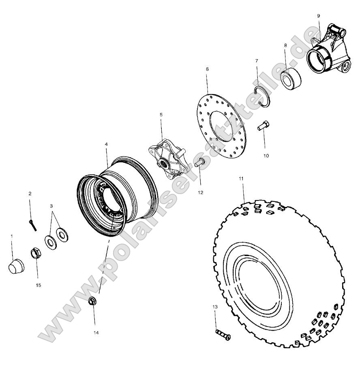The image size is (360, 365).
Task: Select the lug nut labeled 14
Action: click(x=93, y=302)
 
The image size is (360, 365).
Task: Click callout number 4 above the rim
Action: click(x=106, y=144)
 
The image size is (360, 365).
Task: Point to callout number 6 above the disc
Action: click(x=207, y=69)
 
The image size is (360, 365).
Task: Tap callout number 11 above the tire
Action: click(x=241, y=178)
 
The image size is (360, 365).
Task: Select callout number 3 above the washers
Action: click(x=51, y=206)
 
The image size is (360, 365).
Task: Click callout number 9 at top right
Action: click(x=318, y=15)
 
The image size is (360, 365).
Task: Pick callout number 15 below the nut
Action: click(x=39, y=285)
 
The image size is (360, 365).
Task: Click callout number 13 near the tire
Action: click(x=215, y=307)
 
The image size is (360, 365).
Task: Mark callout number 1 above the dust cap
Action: click(x=11, y=236)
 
